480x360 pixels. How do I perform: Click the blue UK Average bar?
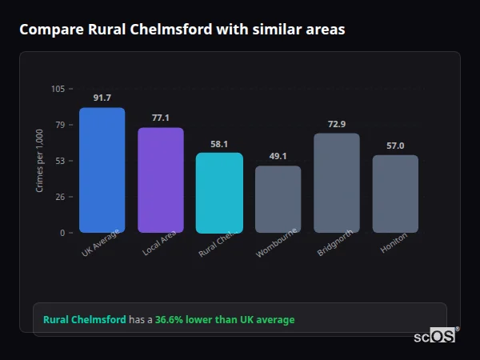click(x=102, y=170)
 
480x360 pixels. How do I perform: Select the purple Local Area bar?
click(x=161, y=180)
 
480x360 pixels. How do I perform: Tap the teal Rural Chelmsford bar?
click(x=219, y=193)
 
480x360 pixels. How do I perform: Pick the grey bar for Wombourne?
click(x=278, y=199)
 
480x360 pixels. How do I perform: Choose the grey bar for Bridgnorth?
click(x=337, y=183)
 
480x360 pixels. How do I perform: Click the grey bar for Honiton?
click(x=395, y=194)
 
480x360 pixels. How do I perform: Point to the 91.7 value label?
click(x=102, y=98)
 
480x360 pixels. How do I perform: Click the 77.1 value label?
click(x=161, y=118)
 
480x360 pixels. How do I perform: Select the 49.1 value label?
click(x=278, y=156)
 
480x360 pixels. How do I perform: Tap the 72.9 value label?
click(x=337, y=124)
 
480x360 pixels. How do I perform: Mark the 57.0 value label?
click(x=395, y=146)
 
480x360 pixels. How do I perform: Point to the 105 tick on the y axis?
click(x=58, y=89)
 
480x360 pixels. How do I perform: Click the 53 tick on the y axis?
click(x=60, y=161)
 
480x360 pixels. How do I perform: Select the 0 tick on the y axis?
click(x=62, y=233)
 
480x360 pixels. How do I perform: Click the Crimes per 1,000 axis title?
click(x=40, y=161)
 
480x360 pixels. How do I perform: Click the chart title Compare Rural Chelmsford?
click(x=182, y=30)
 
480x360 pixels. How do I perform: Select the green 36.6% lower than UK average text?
click(x=225, y=319)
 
